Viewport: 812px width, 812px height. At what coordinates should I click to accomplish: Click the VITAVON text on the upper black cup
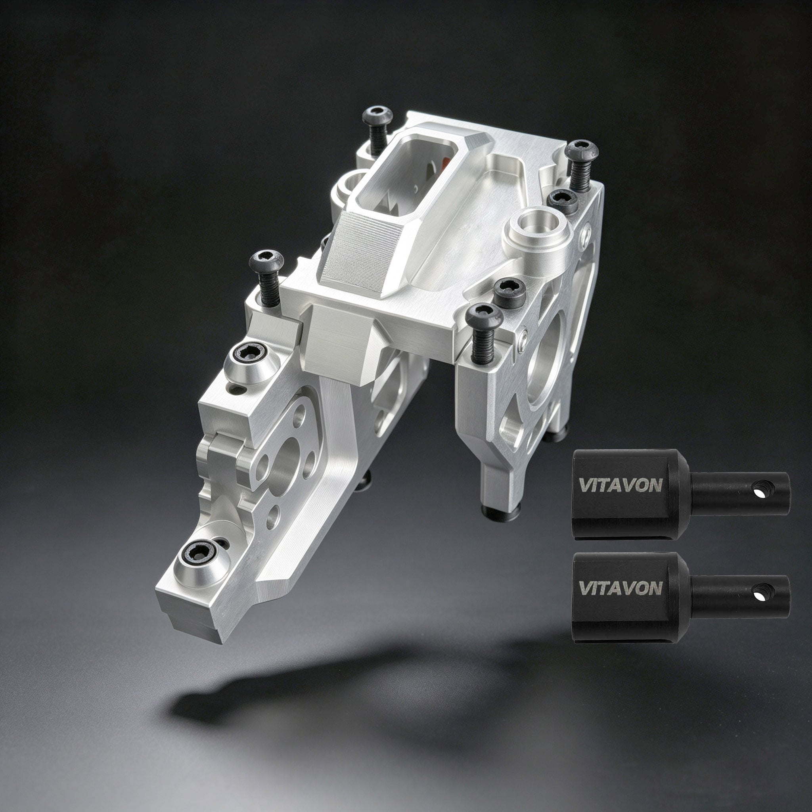(x=621, y=485)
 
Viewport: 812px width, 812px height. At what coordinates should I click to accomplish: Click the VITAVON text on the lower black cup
(x=621, y=588)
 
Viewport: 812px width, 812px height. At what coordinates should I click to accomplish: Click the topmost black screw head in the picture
(x=377, y=116)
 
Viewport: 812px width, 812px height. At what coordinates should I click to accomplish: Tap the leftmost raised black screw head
(x=266, y=261)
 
